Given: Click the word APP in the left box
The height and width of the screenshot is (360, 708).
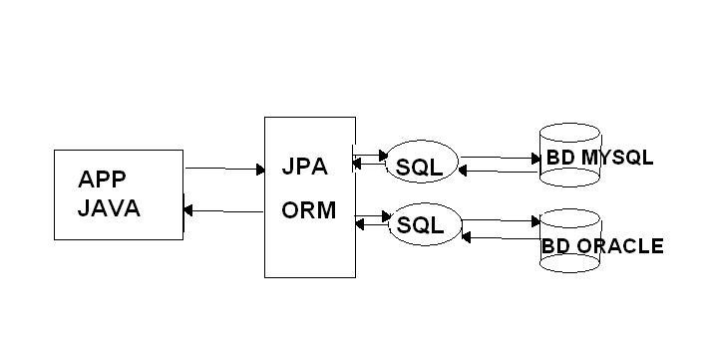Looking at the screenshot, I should click(103, 180).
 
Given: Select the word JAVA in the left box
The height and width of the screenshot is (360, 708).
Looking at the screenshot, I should click(109, 209).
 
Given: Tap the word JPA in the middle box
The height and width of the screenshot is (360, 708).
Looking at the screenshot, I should click(304, 167).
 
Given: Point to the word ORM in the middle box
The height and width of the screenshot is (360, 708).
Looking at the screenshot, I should click(308, 212).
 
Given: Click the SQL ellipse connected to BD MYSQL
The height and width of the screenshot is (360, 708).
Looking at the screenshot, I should click(419, 166).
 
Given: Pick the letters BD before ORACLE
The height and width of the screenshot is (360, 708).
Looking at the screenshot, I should click(555, 246).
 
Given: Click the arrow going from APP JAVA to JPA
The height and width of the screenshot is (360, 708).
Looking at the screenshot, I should click(223, 170).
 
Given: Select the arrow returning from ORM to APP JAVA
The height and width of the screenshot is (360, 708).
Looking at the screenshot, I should click(223, 210).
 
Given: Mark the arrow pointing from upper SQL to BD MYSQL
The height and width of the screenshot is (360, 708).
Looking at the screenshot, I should click(499, 158).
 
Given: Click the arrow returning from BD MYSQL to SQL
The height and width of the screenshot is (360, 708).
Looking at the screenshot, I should click(499, 172).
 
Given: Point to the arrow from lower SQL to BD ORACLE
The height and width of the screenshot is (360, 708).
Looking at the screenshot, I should click(499, 220).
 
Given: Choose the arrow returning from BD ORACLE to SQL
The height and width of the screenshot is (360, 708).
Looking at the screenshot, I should click(499, 236).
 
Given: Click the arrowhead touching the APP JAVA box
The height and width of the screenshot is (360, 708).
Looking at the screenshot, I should click(190, 210).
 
